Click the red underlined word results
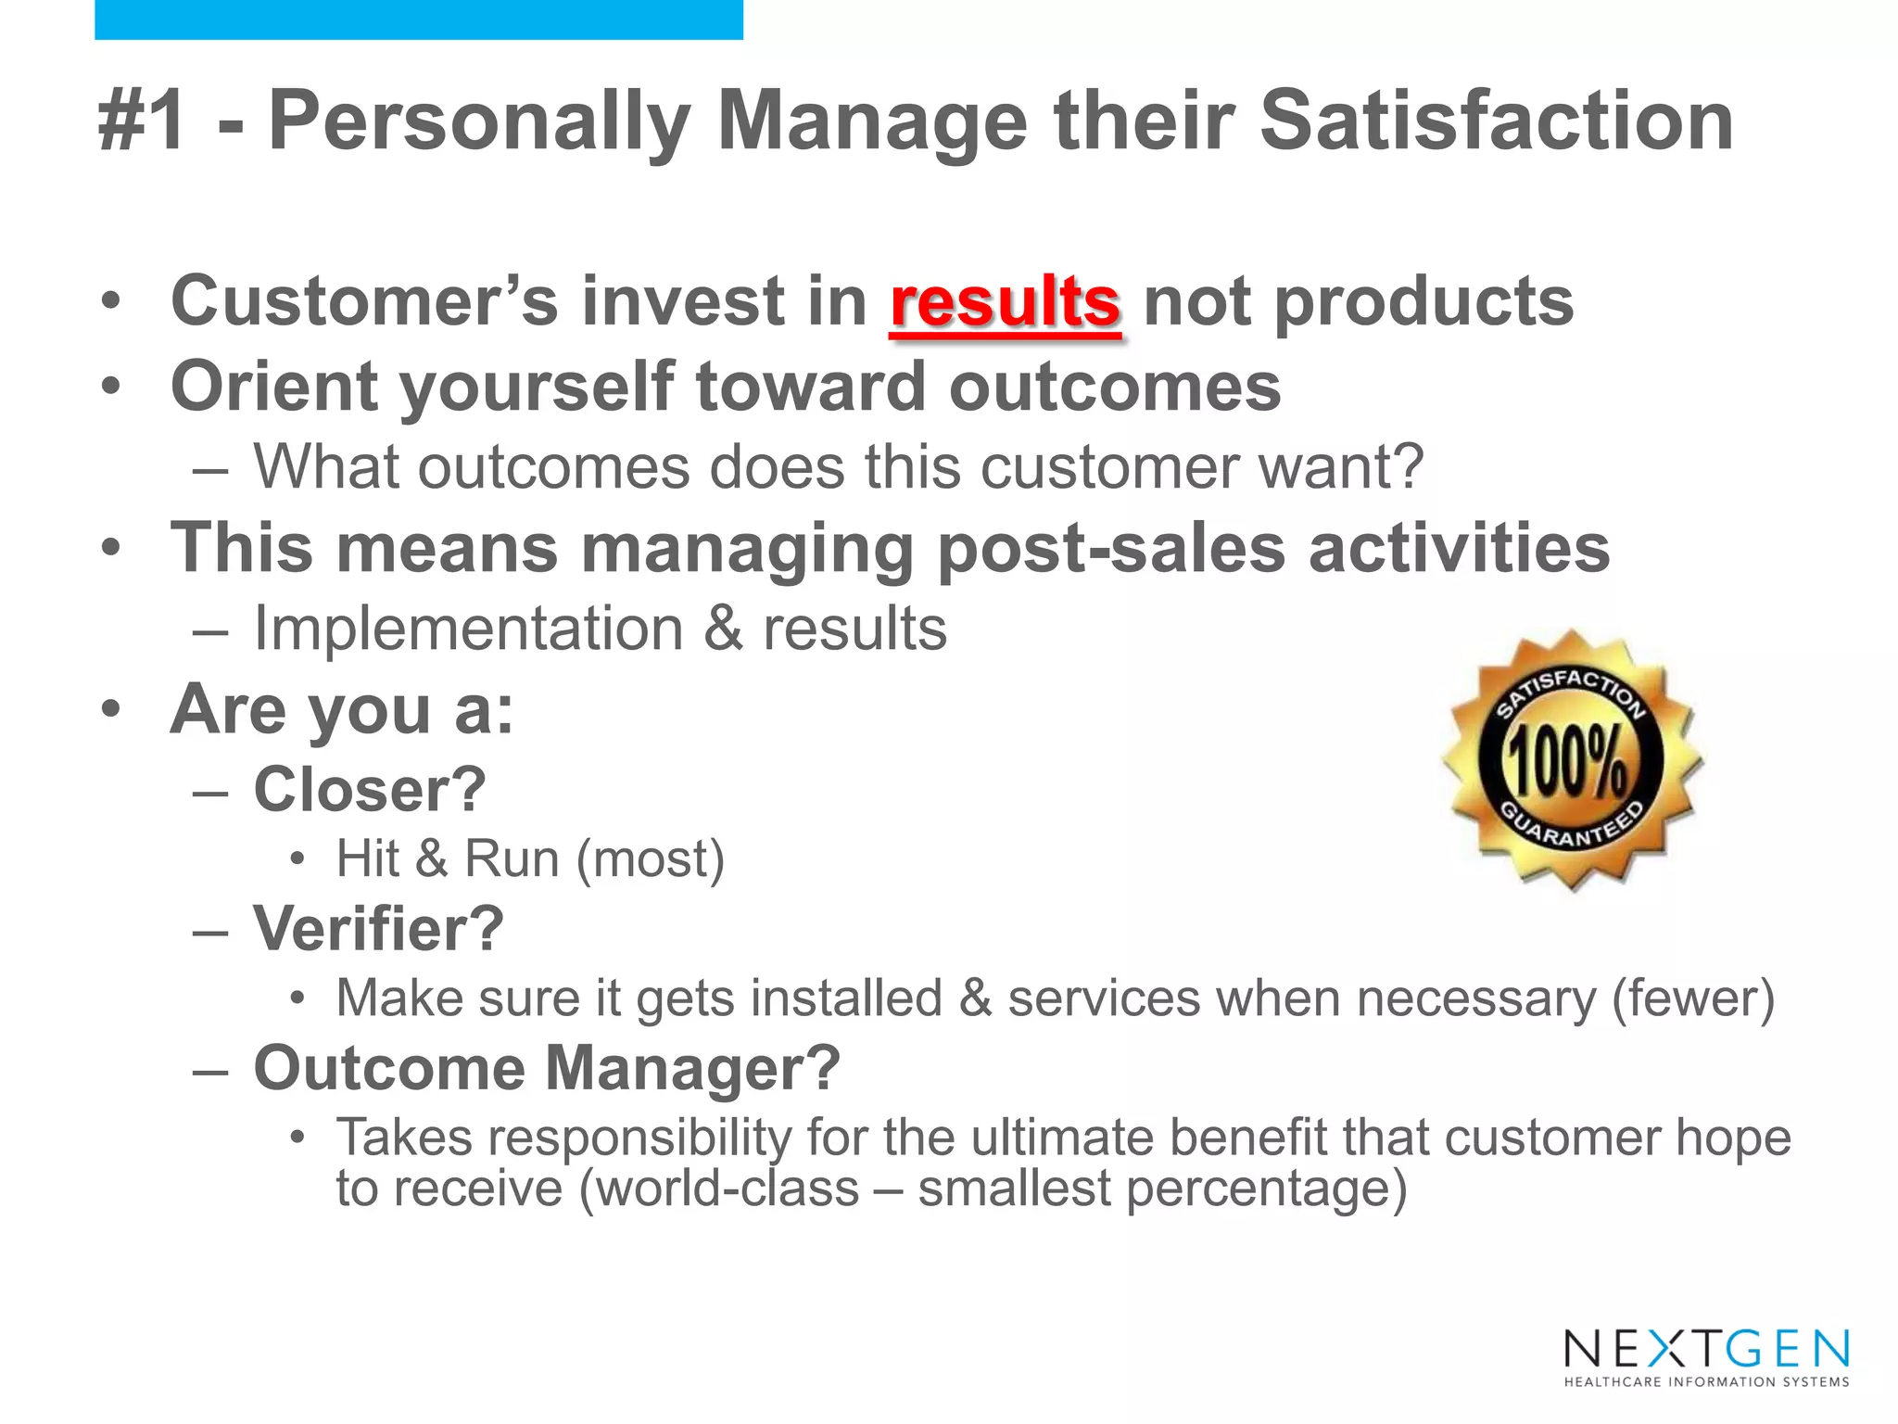click(x=1005, y=302)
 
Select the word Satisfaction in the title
click(x=1496, y=121)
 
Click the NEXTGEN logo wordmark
click(x=1706, y=1349)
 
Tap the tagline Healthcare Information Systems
click(x=1706, y=1382)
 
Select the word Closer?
click(x=370, y=790)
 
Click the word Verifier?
click(x=379, y=929)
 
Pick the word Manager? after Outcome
click(x=692, y=1068)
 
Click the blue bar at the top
click(x=418, y=19)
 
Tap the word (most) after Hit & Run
click(x=650, y=859)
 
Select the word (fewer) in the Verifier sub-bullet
click(x=1693, y=998)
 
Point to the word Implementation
click(x=469, y=629)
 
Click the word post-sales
click(x=1111, y=549)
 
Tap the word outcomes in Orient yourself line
click(x=1115, y=387)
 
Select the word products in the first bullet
click(x=1423, y=302)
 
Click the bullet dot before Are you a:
click(x=111, y=709)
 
